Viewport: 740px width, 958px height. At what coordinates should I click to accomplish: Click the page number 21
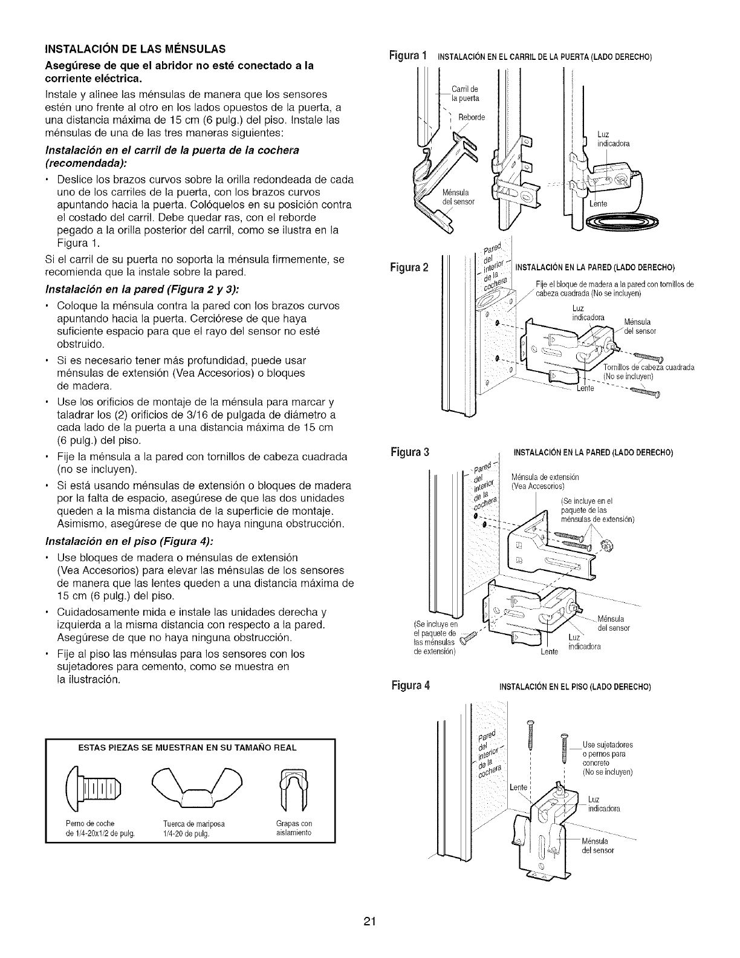(370, 922)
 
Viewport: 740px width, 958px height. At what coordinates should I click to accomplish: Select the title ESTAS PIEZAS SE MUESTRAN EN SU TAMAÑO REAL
(187, 748)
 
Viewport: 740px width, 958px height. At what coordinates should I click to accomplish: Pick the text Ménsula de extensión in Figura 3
(545, 477)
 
